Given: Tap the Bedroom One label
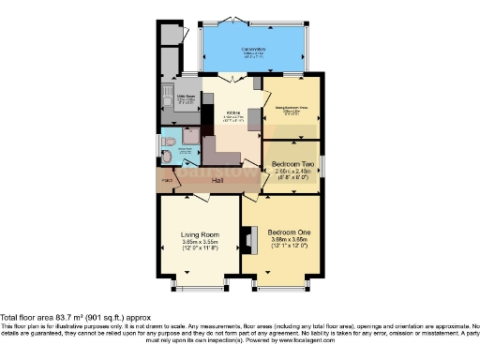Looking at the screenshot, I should click(290, 232).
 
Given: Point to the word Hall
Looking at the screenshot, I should click(217, 179).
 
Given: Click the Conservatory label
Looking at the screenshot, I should click(253, 49).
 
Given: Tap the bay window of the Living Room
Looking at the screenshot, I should click(201, 280).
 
